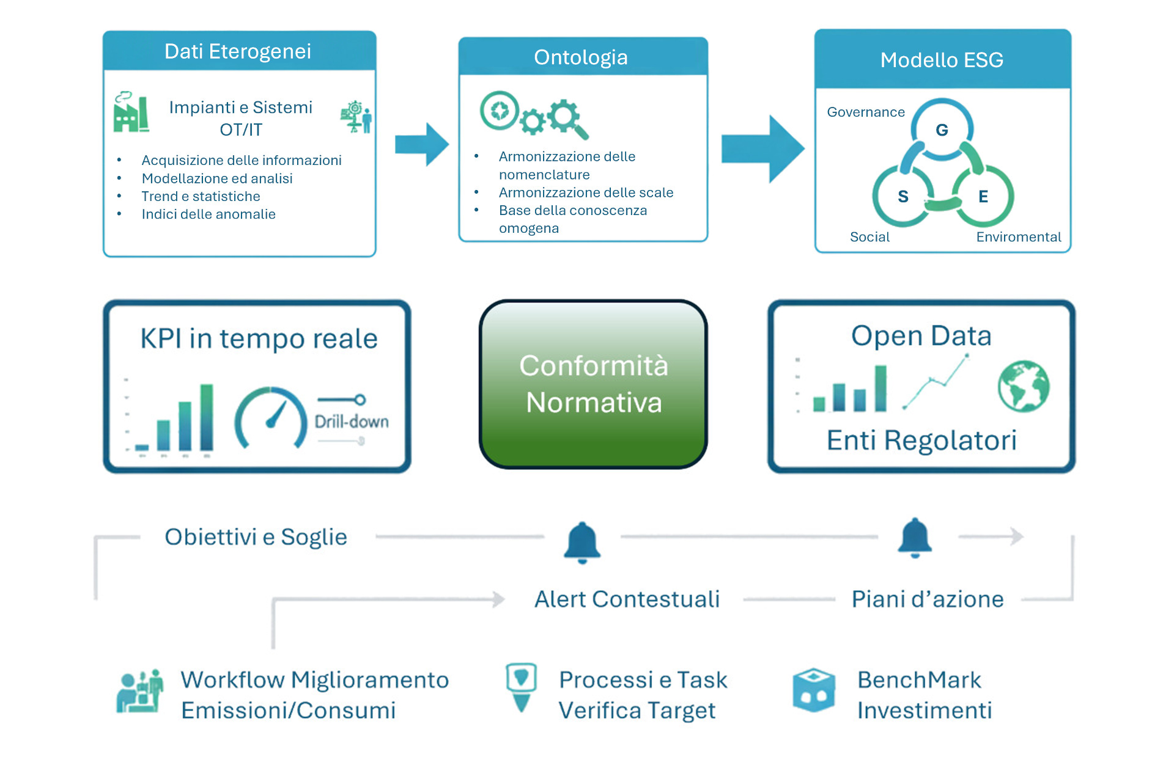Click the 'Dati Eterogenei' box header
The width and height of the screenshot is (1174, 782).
(238, 51)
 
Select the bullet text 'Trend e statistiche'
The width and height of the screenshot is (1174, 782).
(201, 196)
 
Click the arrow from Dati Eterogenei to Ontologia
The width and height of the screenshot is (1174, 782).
(423, 145)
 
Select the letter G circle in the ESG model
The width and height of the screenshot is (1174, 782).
(942, 130)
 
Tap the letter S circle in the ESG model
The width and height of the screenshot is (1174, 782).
(903, 196)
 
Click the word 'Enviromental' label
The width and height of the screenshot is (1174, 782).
(1018, 237)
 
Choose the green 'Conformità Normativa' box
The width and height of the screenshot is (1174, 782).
(593, 384)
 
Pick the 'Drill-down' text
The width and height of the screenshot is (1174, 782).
(352, 422)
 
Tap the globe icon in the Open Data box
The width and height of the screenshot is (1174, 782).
(1024, 386)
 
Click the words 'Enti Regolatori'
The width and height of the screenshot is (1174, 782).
(921, 440)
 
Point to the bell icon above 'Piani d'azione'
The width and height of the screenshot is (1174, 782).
(915, 538)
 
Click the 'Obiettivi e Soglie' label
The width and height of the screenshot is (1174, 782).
(256, 537)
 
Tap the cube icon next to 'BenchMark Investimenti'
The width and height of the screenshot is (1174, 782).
(814, 691)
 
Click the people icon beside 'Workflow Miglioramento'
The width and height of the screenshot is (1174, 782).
(140, 692)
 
